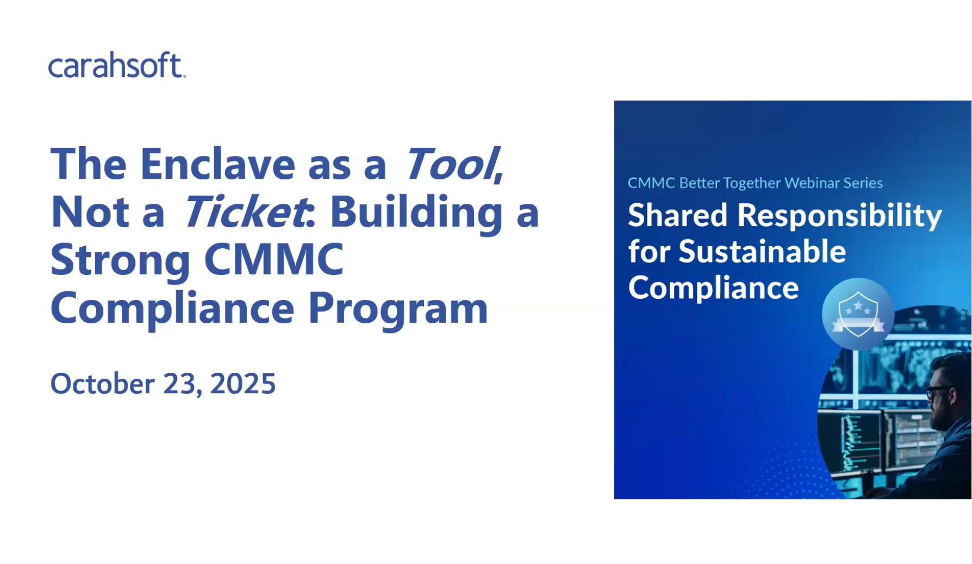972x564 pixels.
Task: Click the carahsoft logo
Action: point(117,65)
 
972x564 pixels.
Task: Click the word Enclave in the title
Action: point(217,164)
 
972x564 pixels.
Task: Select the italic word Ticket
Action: point(246,211)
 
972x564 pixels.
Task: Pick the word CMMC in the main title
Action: point(274,259)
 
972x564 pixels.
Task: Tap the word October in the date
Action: point(102,384)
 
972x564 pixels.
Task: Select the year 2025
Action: point(243,384)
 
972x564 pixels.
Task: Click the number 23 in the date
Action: point(179,384)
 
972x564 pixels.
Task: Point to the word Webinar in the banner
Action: point(812,183)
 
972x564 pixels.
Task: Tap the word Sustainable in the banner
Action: point(762,252)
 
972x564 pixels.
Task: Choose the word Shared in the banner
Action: point(678,215)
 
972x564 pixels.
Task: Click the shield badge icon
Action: point(858,314)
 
